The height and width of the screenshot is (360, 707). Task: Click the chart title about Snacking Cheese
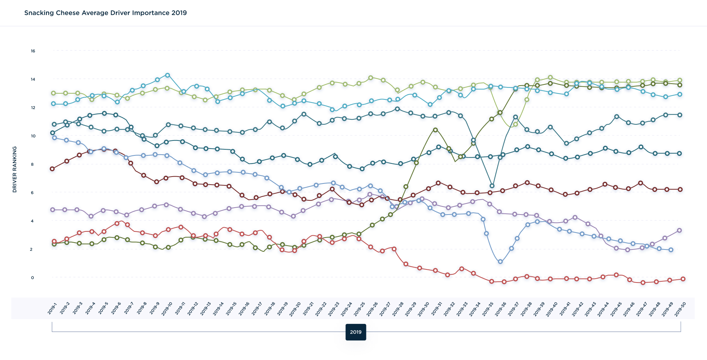pyautogui.click(x=105, y=13)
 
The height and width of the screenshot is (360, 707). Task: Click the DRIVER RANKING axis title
pyautogui.click(x=15, y=169)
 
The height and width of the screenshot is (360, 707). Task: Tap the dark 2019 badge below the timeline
pyautogui.click(x=356, y=332)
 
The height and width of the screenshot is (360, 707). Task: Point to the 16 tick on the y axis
pyautogui.click(x=33, y=51)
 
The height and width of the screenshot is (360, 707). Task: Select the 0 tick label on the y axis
pyautogui.click(x=33, y=278)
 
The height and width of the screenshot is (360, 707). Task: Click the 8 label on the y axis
pyautogui.click(x=33, y=165)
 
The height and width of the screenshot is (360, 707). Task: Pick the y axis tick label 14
pyautogui.click(x=33, y=79)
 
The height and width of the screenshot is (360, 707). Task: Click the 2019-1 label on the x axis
pyautogui.click(x=53, y=308)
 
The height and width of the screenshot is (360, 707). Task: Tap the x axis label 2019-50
pyautogui.click(x=680, y=309)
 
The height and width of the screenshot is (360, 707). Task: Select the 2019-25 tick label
pyautogui.click(x=359, y=309)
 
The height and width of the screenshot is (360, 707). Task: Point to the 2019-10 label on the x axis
pyautogui.click(x=167, y=309)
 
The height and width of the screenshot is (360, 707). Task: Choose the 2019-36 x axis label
pyautogui.click(x=500, y=309)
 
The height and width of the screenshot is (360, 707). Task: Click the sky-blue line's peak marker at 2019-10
pyautogui.click(x=167, y=75)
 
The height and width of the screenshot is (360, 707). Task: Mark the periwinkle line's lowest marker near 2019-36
pyautogui.click(x=500, y=262)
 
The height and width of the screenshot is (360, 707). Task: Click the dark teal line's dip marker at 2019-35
pyautogui.click(x=492, y=186)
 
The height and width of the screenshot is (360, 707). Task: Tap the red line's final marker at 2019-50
pyautogui.click(x=683, y=279)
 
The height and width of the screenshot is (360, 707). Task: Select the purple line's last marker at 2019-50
pyautogui.click(x=679, y=230)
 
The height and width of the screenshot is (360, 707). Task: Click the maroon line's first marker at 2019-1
pyautogui.click(x=53, y=169)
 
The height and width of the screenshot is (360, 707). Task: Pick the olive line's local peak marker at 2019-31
pyautogui.click(x=435, y=130)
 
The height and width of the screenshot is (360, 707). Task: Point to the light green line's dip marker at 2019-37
pyautogui.click(x=515, y=124)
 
